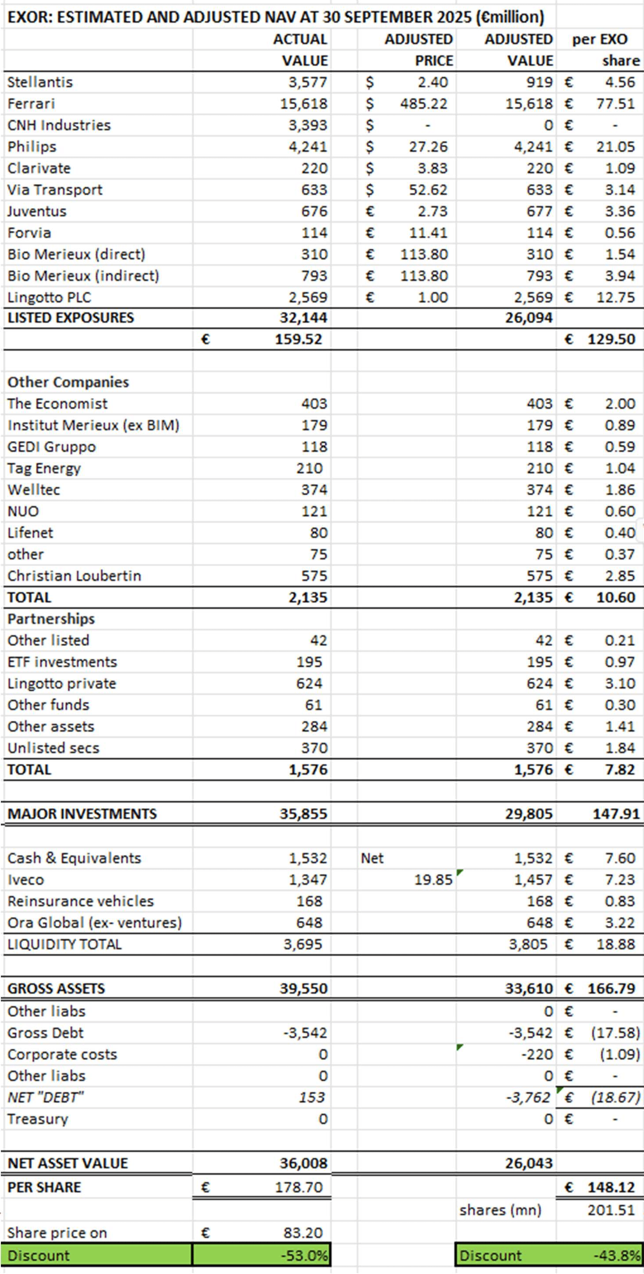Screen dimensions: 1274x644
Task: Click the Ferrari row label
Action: tap(31, 104)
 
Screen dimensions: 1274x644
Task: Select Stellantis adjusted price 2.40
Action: tap(432, 82)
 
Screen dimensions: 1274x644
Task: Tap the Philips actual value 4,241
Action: tap(308, 147)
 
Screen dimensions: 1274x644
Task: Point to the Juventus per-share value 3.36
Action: tap(619, 211)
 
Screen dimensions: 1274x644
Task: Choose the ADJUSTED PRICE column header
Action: tap(418, 49)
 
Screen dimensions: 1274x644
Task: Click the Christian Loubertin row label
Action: tap(74, 575)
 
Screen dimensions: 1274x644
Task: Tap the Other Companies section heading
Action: tap(68, 382)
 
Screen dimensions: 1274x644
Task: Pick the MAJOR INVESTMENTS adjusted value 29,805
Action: tap(528, 814)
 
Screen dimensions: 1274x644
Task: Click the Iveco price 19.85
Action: tap(433, 880)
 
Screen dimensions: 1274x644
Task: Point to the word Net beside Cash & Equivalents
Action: tap(372, 858)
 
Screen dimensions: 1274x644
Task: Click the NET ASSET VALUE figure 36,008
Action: tap(303, 1163)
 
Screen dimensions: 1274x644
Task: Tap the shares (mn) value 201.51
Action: tap(611, 1210)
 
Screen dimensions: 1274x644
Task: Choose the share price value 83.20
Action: tap(303, 1233)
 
